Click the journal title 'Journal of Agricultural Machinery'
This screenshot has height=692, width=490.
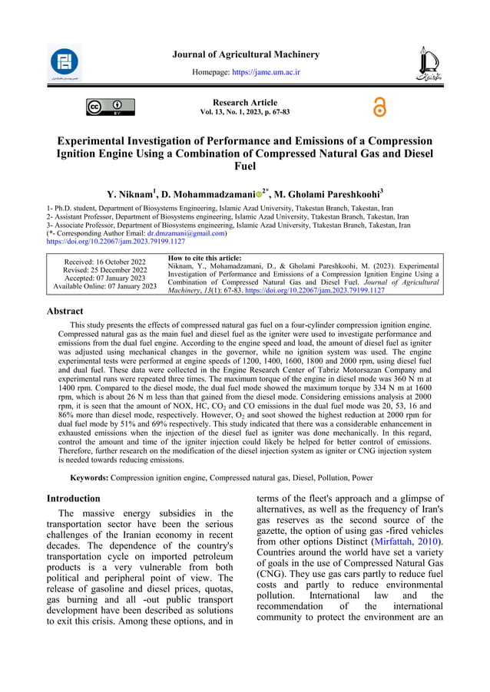(x=245, y=54)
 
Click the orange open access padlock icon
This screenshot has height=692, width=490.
(x=379, y=107)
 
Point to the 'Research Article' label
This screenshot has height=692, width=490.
(x=245, y=102)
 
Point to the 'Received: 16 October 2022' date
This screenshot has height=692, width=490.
(x=104, y=262)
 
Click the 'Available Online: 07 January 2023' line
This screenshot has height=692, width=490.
(x=104, y=286)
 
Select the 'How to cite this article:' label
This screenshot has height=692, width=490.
(x=204, y=259)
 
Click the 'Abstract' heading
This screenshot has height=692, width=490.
(x=65, y=311)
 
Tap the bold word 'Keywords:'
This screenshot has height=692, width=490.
(x=89, y=477)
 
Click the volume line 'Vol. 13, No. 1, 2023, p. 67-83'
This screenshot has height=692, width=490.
(x=245, y=112)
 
